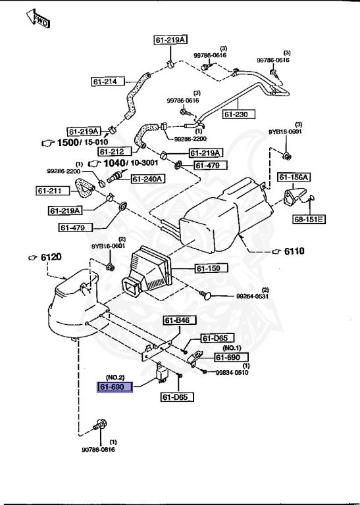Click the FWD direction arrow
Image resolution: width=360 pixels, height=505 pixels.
click(38, 19)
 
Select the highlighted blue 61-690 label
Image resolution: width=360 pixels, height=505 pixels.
click(115, 387)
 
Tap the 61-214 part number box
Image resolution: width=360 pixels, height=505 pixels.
click(108, 82)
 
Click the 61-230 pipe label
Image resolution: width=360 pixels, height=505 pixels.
click(239, 114)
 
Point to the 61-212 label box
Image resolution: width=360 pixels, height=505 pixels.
click(115, 151)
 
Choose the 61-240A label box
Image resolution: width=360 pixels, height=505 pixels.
click(148, 179)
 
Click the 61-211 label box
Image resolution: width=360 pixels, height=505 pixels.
click(52, 191)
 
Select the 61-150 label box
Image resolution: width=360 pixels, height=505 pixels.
click(211, 268)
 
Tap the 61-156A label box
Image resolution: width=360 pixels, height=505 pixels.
click(294, 177)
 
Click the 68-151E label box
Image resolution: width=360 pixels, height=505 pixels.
click(309, 220)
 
